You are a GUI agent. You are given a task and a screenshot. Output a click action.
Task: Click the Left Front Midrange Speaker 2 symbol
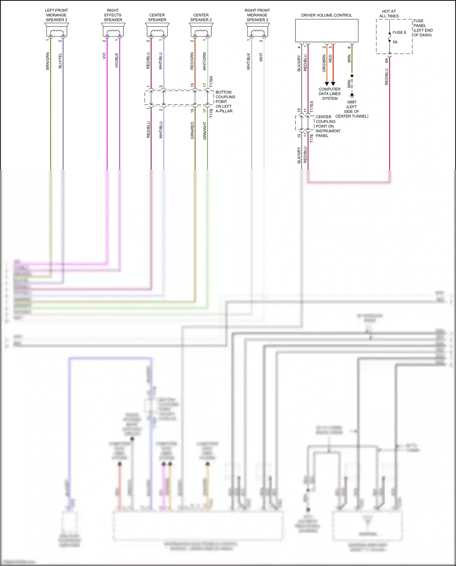click(x=57, y=30)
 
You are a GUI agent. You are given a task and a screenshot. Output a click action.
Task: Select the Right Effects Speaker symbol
click(x=113, y=30)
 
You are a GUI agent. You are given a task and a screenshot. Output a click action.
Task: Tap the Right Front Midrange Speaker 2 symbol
click(x=257, y=30)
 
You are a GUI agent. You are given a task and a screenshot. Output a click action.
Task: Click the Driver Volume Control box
click(x=326, y=31)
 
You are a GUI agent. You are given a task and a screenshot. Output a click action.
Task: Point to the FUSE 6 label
click(x=399, y=33)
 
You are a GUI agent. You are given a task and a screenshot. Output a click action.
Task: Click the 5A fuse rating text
click(x=395, y=42)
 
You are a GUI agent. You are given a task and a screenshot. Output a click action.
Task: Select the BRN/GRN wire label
click(x=48, y=61)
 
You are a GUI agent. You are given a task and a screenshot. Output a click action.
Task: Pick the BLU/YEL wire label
click(x=60, y=61)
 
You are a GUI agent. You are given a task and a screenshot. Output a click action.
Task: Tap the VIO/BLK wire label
click(x=117, y=60)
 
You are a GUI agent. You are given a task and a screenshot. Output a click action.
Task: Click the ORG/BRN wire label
click(x=324, y=63)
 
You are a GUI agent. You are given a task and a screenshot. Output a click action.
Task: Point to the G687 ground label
click(x=352, y=102)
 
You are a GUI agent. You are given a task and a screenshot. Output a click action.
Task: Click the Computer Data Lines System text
click(x=330, y=94)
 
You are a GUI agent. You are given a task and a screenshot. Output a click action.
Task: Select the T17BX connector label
click(x=211, y=82)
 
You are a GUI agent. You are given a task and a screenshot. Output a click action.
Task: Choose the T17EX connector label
click(x=312, y=107)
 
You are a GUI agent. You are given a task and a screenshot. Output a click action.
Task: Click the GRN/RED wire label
click(x=192, y=130)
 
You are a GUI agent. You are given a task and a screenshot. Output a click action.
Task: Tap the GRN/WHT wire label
click(x=205, y=131)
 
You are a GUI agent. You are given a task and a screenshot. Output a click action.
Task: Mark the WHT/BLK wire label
click(x=248, y=62)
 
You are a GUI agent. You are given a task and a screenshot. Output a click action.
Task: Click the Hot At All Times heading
click(x=389, y=14)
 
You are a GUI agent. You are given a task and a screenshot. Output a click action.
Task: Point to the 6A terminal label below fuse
click(x=387, y=61)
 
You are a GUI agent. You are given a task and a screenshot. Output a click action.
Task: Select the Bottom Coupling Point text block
click(x=225, y=102)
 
